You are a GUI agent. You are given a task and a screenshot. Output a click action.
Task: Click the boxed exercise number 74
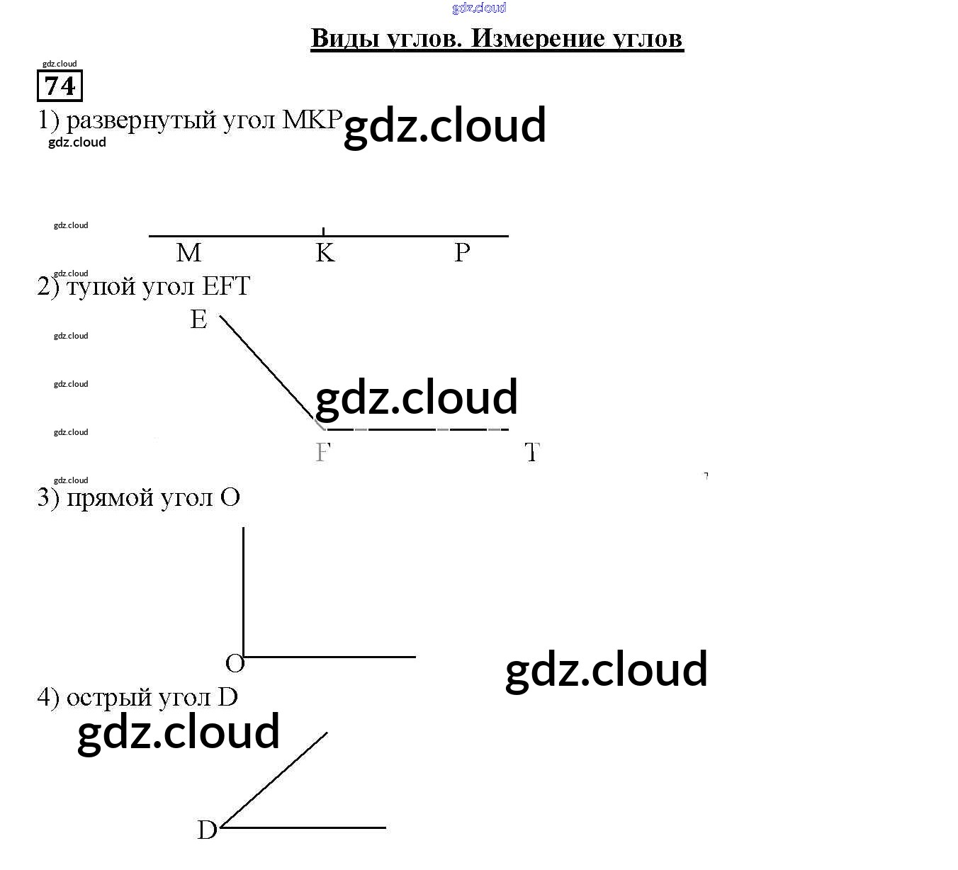pyautogui.click(x=60, y=86)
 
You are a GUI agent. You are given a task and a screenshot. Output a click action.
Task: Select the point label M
pyautogui.click(x=188, y=252)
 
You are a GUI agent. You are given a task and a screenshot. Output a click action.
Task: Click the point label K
pyautogui.click(x=325, y=252)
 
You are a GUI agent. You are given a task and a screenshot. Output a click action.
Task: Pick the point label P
pyautogui.click(x=462, y=252)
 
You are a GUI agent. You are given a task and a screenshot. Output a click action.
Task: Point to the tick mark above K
pyautogui.click(x=323, y=231)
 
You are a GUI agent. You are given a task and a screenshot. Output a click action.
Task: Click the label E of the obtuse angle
pyautogui.click(x=198, y=320)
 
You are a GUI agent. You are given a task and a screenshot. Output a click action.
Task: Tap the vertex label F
pyautogui.click(x=322, y=452)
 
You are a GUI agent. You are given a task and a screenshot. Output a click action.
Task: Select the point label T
pyautogui.click(x=532, y=452)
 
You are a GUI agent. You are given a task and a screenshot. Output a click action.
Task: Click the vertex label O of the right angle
pyautogui.click(x=235, y=664)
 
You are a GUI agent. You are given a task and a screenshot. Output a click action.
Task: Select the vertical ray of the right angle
pyautogui.click(x=244, y=588)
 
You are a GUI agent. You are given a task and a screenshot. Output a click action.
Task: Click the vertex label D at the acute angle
pyautogui.click(x=207, y=830)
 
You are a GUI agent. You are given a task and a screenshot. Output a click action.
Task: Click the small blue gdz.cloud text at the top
pyautogui.click(x=479, y=8)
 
